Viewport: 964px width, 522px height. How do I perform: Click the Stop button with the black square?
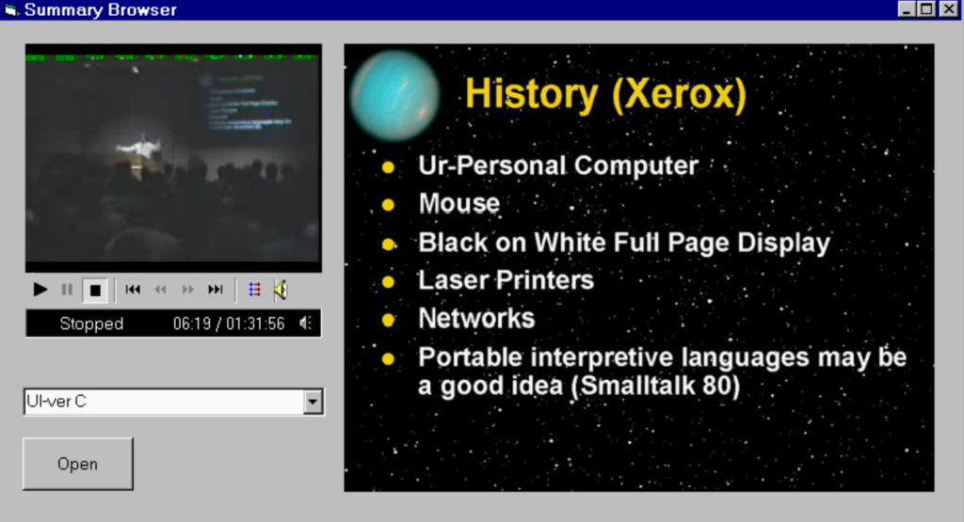(x=95, y=291)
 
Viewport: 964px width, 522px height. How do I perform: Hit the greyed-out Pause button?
(x=67, y=290)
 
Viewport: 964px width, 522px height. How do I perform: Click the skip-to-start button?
(x=133, y=290)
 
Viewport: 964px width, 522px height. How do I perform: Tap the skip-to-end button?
(x=216, y=290)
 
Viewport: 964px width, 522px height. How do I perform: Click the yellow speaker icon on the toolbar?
(x=280, y=290)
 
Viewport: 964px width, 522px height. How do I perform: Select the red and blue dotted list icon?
(x=254, y=290)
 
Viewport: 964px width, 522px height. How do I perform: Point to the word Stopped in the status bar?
(x=91, y=324)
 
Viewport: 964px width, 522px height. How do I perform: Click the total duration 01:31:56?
(x=255, y=324)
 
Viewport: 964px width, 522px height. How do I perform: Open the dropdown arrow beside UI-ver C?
(x=313, y=403)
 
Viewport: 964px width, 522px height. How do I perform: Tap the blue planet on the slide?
(x=394, y=95)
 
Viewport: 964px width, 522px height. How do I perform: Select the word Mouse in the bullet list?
(x=459, y=203)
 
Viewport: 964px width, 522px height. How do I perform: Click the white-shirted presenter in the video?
(x=142, y=149)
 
